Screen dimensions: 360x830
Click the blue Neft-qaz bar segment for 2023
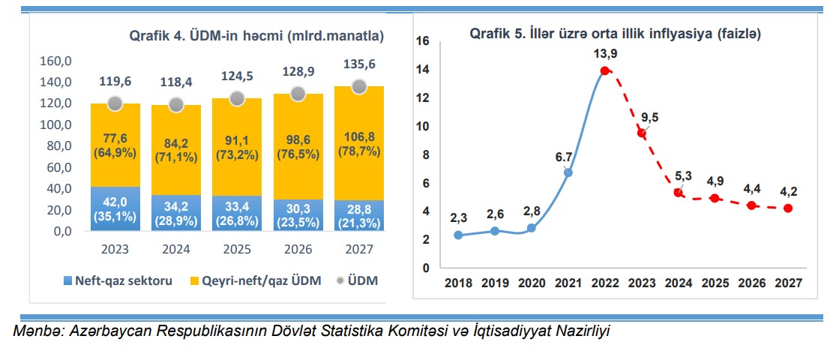[115, 208]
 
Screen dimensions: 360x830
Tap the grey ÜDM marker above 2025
[237, 98]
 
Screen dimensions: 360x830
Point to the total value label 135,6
[359, 64]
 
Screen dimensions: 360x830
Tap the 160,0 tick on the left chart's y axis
[55, 61]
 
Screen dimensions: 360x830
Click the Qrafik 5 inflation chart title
[616, 34]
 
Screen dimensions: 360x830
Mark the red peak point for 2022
[604, 71]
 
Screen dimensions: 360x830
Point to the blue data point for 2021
[568, 172]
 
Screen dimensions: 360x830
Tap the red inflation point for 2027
[788, 208]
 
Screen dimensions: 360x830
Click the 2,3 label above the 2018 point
[457, 218]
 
